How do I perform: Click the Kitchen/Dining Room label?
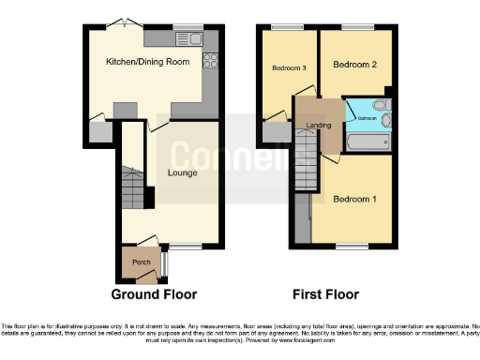pyautogui.click(x=147, y=62)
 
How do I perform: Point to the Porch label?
pyautogui.click(x=141, y=262)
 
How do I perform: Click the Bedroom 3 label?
pyautogui.click(x=289, y=68)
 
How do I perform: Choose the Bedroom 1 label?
pyautogui.click(x=354, y=198)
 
